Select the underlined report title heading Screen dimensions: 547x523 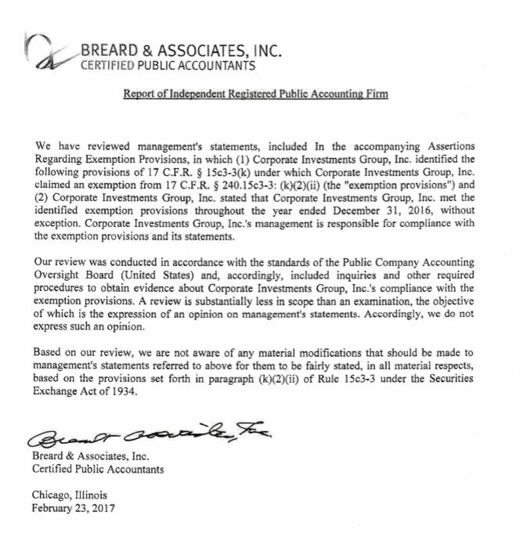coord(255,95)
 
